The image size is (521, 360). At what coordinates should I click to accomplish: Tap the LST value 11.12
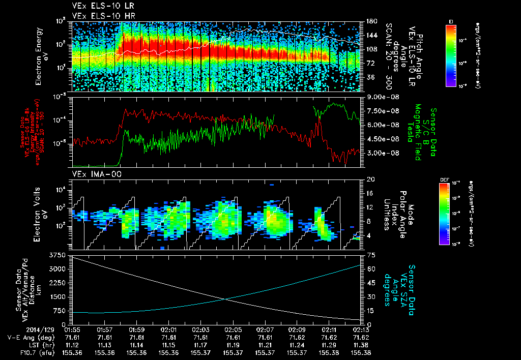tap(73, 344)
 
